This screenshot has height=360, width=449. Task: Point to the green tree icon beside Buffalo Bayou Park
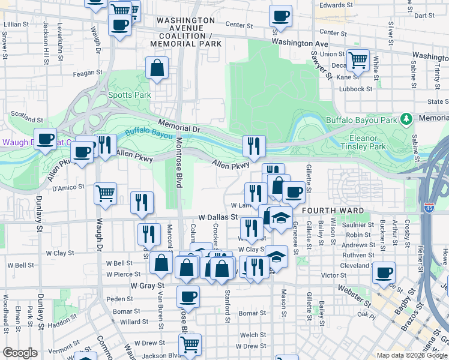(406, 119)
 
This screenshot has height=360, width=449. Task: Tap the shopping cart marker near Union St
(358, 61)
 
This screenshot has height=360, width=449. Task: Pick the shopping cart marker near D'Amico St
(106, 193)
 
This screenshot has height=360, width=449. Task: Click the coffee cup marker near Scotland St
(45, 139)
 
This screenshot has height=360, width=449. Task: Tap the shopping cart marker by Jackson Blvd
(190, 344)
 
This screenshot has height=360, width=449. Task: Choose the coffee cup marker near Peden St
(188, 296)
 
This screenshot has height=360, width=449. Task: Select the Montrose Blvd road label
(178, 162)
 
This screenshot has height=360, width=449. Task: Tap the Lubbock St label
(355, 89)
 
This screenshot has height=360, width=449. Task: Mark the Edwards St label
(336, 5)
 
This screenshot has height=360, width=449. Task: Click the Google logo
(20, 353)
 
